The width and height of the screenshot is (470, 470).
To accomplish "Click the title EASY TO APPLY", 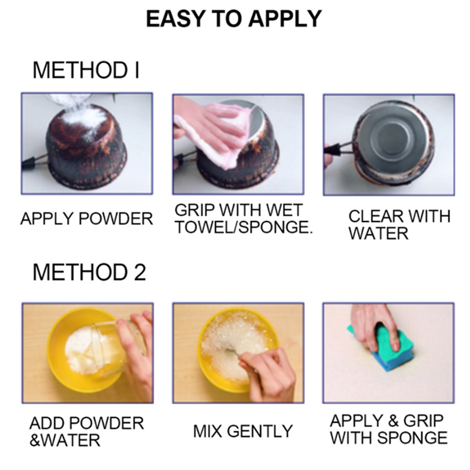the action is (233, 19).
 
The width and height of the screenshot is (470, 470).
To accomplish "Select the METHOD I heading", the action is (86, 70).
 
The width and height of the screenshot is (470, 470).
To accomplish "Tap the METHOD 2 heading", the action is (89, 272).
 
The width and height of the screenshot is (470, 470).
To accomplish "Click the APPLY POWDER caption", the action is (86, 219).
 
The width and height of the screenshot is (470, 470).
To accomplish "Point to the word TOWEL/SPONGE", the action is (243, 227).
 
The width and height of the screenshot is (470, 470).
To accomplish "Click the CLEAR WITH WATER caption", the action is (399, 224).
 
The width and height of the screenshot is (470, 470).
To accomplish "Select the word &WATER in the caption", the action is (65, 440).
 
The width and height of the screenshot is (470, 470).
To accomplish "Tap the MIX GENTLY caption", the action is (243, 431).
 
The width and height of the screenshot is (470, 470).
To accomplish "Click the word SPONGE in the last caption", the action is (412, 438).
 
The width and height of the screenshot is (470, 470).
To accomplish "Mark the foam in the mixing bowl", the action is (237, 342).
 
